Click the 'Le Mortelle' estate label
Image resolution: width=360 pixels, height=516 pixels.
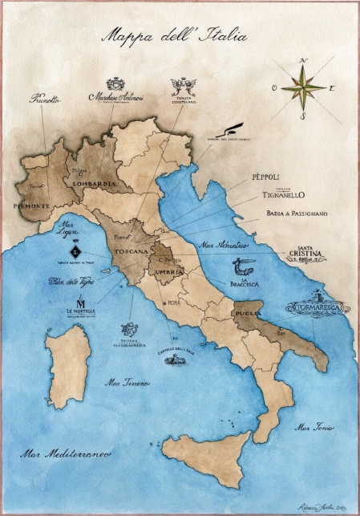[x=80, y=308]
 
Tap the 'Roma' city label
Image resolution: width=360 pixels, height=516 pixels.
[x=172, y=303]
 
